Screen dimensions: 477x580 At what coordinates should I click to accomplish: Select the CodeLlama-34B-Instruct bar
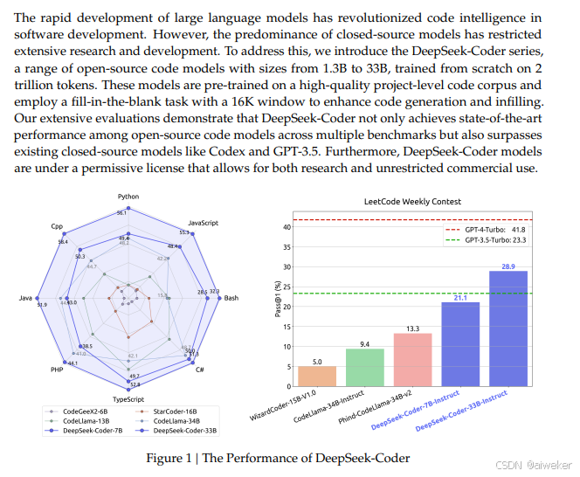click(x=364, y=367)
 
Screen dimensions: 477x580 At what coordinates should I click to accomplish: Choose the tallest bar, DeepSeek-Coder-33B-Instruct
click(x=507, y=328)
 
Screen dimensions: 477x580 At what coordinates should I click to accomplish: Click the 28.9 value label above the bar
click(x=507, y=265)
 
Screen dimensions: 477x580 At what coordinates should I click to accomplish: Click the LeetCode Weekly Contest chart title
click(x=413, y=201)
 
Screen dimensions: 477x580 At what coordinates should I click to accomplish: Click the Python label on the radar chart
click(x=128, y=197)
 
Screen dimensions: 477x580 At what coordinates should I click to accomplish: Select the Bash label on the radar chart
click(x=231, y=298)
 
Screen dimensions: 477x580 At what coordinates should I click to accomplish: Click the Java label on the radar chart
click(x=25, y=298)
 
